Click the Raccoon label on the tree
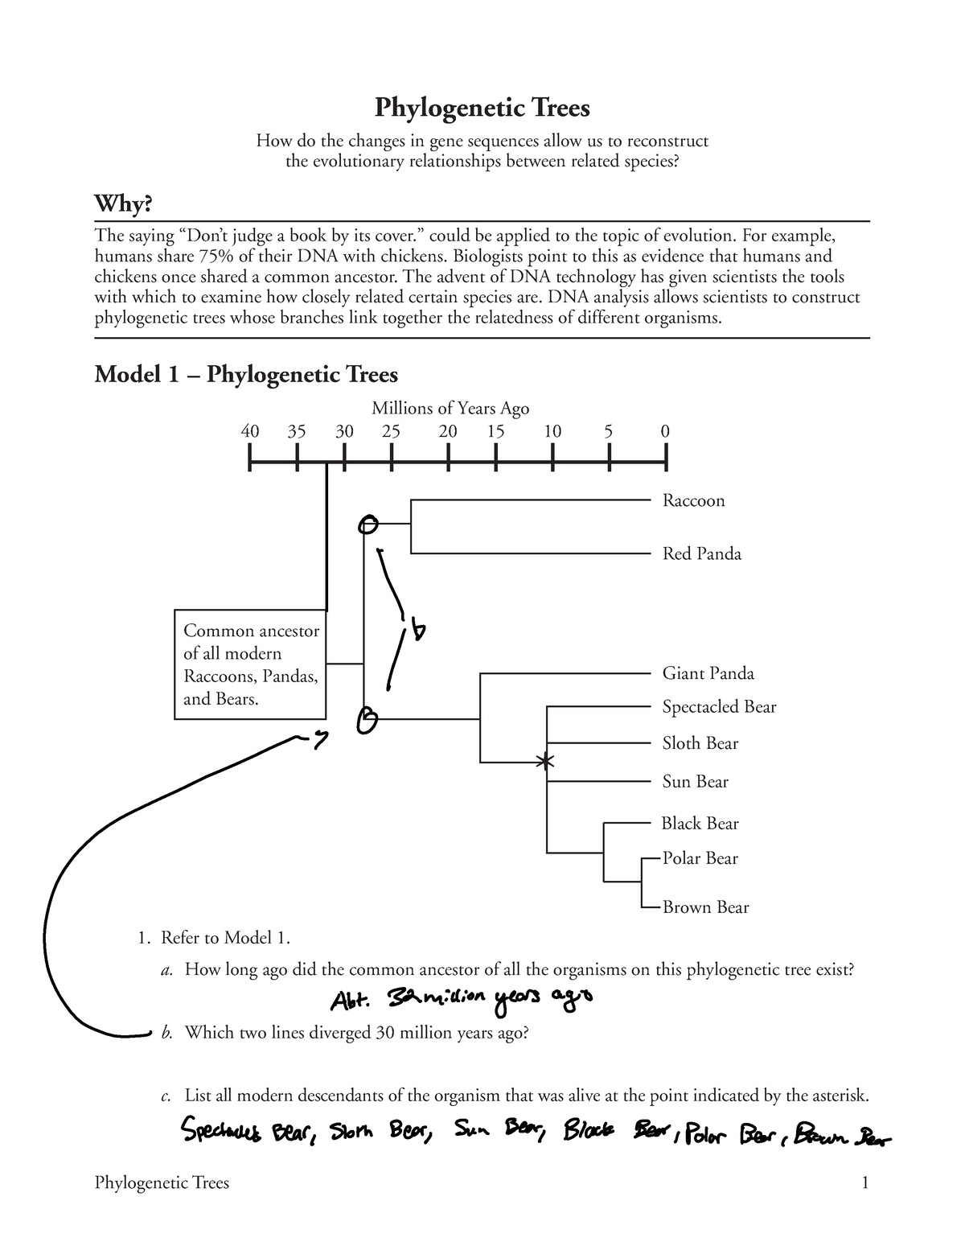tap(693, 501)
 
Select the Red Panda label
tap(701, 554)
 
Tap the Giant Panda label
tap(708, 673)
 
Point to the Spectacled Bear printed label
tap(719, 707)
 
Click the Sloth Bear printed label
tap(700, 743)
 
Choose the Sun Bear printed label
tap(695, 781)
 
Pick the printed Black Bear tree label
tap(700, 824)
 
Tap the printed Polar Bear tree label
tap(700, 858)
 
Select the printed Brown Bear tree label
tap(705, 907)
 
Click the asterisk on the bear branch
tap(546, 760)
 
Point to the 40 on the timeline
tap(250, 431)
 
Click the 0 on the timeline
tap(665, 431)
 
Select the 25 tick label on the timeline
tap(391, 431)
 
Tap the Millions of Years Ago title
tap(450, 409)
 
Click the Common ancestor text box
tap(250, 664)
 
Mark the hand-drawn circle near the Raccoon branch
tap(368, 525)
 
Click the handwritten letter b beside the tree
tap(418, 631)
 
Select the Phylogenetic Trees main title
tap(482, 108)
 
